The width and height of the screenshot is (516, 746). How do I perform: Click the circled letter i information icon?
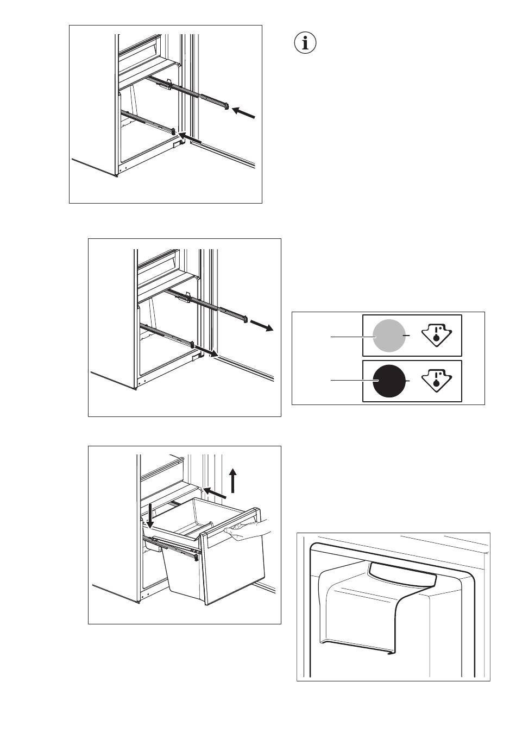(x=305, y=43)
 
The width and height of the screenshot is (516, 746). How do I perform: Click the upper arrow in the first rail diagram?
(x=244, y=113)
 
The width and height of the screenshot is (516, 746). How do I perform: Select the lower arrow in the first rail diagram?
(x=191, y=138)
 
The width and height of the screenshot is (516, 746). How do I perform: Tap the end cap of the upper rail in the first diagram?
(x=226, y=105)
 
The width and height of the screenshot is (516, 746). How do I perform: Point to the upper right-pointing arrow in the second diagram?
(x=263, y=326)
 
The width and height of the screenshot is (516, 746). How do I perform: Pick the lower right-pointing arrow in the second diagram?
(x=207, y=351)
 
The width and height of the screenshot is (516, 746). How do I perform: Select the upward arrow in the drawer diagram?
(x=233, y=481)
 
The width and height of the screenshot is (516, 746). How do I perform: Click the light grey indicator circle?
(x=389, y=336)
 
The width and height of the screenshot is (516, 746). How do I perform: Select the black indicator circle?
(x=389, y=381)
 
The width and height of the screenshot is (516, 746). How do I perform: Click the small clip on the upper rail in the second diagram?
(x=188, y=296)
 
